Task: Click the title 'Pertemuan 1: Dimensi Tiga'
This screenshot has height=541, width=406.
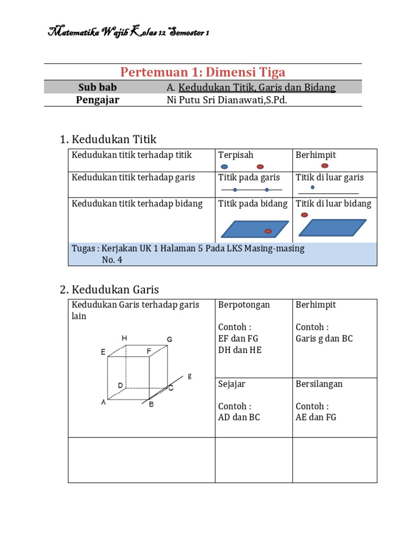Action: point(203,72)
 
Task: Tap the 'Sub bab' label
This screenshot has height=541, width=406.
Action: point(97,87)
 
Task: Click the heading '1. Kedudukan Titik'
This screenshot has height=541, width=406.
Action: point(108,139)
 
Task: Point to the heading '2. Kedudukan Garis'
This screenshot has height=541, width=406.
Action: point(109,290)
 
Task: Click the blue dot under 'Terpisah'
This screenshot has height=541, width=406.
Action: point(225,166)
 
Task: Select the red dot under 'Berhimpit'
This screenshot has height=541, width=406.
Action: point(325,165)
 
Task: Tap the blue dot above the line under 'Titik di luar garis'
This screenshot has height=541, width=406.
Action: point(312,187)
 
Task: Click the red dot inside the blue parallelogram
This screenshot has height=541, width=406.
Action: point(268,231)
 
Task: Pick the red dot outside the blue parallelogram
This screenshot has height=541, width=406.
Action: point(304,214)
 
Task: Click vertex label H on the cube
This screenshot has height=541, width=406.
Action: point(124,338)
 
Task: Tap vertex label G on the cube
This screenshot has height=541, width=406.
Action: point(169,339)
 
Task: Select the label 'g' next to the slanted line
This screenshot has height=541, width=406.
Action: point(189,376)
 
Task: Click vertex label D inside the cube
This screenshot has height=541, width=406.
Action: point(121,386)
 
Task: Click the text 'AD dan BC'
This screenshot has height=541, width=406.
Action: point(239,417)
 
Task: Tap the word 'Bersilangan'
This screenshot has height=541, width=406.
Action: point(319,384)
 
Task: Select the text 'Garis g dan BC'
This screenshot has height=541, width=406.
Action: point(324,338)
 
